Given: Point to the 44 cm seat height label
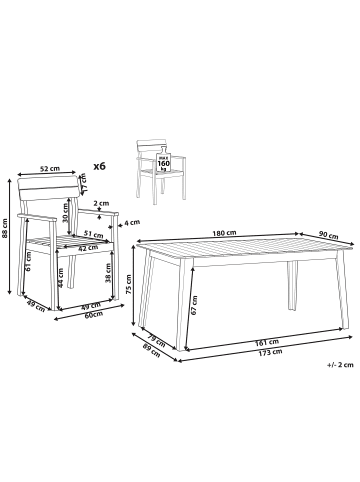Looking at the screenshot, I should (x=61, y=283).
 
